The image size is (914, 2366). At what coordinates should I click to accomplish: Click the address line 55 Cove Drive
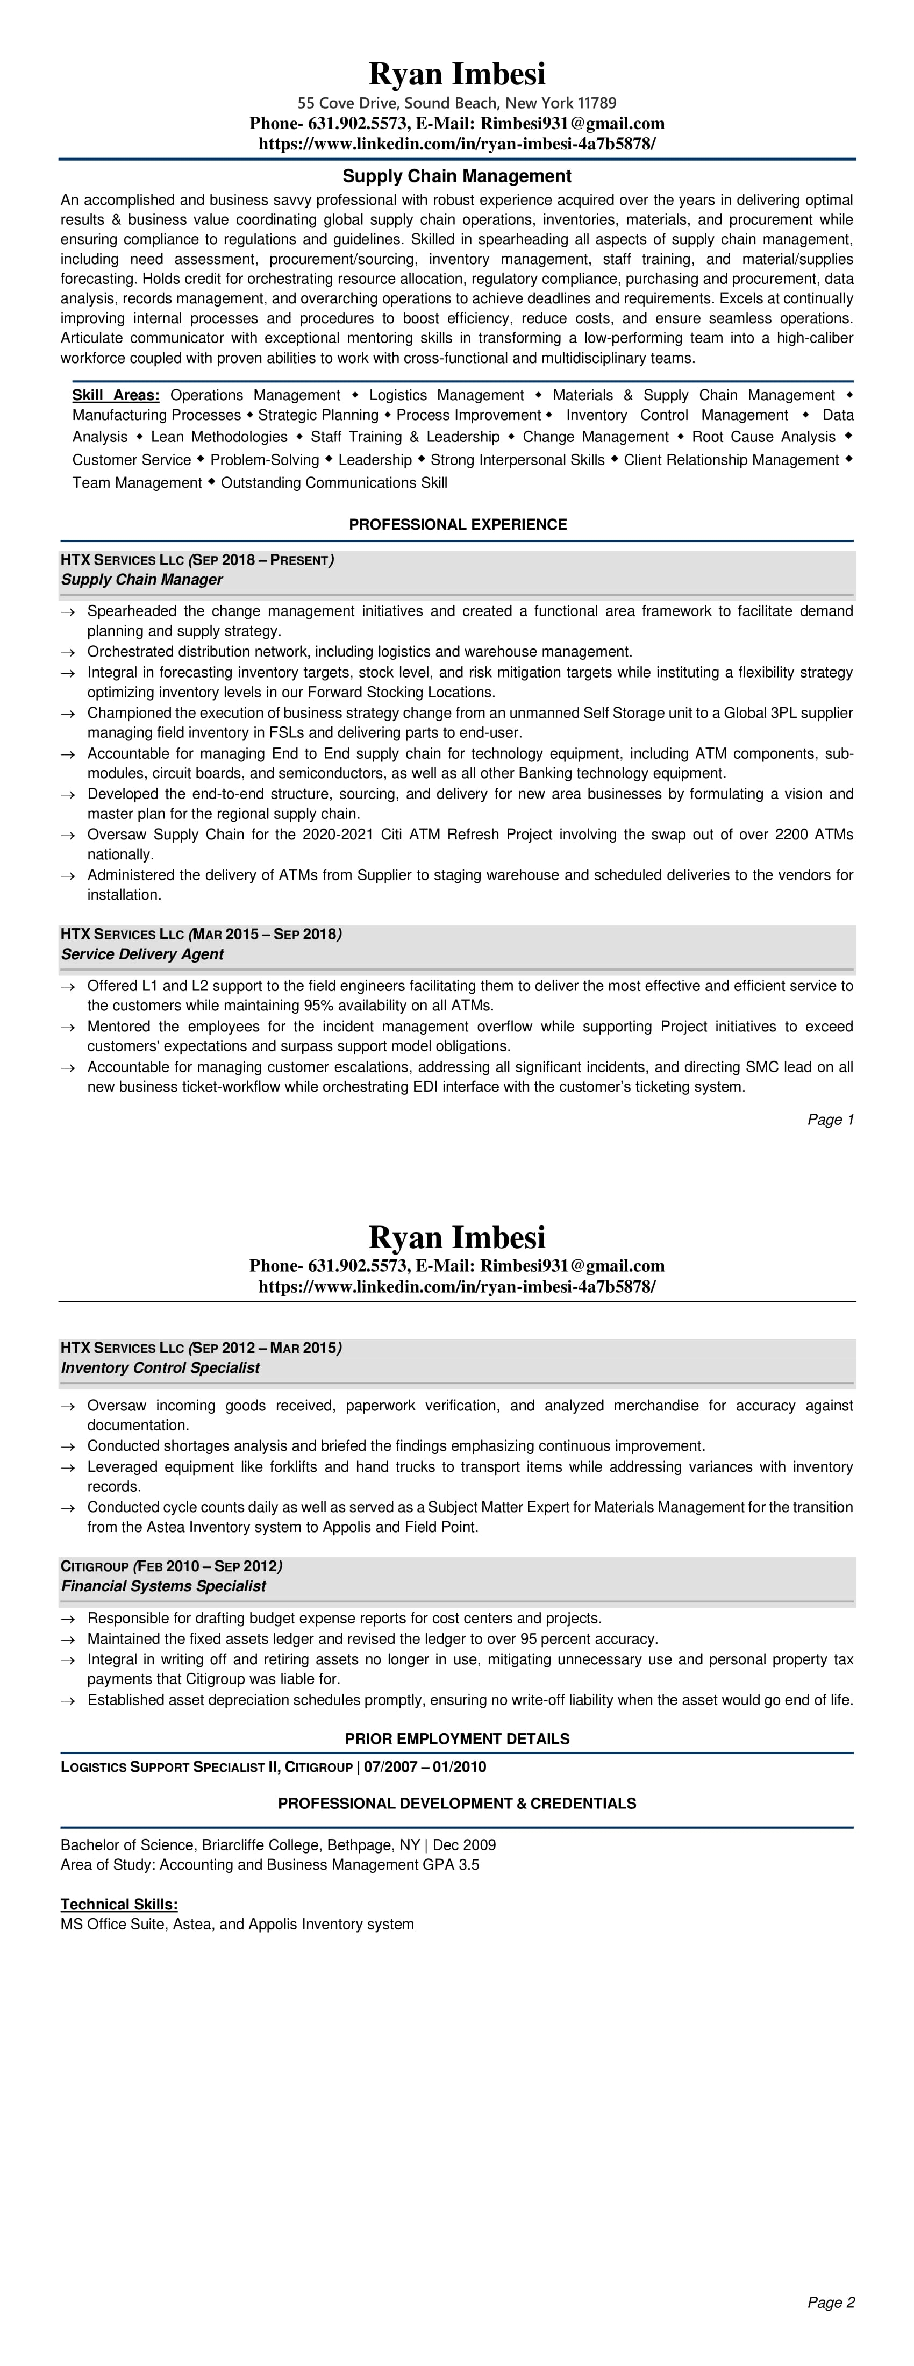coord(456,103)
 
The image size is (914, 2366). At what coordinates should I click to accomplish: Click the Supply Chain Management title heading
coord(456,175)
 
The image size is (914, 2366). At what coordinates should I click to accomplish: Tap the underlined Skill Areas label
coord(116,395)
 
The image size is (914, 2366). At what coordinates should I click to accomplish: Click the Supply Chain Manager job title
coord(141,580)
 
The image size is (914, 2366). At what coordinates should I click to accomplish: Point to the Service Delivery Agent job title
coord(142,954)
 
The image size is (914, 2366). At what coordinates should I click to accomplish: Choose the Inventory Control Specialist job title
coord(160,1367)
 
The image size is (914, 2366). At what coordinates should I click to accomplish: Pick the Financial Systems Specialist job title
coord(162,1586)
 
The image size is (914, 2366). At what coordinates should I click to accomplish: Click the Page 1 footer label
coord(831,1120)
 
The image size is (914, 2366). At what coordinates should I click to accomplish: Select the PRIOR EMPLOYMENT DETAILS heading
coord(456,1738)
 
